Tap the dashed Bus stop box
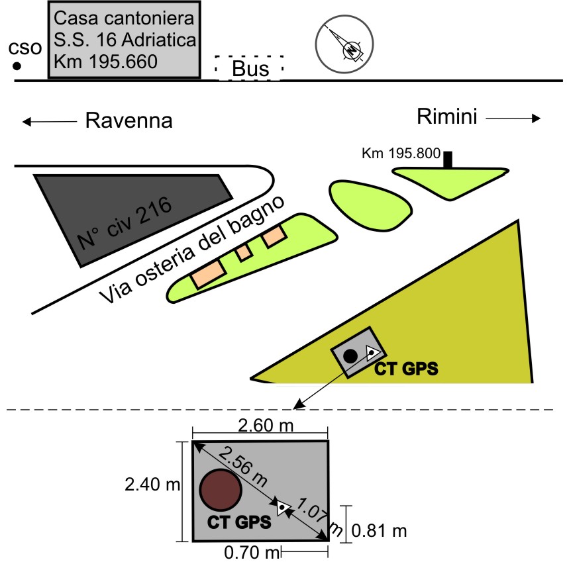[250, 68]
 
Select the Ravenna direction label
[129, 121]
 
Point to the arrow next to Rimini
[513, 118]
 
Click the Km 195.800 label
[401, 154]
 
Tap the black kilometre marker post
[448, 160]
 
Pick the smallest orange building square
[244, 252]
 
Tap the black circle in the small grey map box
[350, 355]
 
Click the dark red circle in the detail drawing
[220, 490]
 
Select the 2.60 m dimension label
[260, 426]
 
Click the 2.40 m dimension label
[152, 485]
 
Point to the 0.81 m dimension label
[378, 530]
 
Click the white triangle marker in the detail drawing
[283, 508]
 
